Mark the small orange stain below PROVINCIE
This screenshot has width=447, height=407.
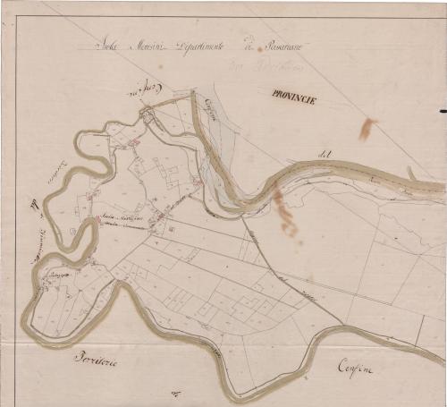[x=367, y=128]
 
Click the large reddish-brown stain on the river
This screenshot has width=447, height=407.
[x=285, y=213]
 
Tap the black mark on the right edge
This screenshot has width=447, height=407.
[x=443, y=111]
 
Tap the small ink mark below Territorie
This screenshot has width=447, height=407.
[x=178, y=392]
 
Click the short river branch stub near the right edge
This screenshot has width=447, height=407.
[x=410, y=172]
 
